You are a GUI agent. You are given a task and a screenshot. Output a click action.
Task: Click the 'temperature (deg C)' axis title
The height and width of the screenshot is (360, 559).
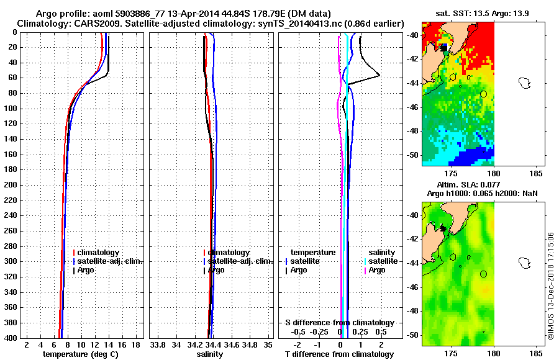pos(80,354)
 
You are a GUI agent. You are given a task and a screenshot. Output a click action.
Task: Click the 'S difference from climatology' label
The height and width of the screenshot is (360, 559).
pos(339,323)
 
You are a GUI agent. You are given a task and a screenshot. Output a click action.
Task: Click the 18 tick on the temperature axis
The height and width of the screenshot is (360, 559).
pos(135,344)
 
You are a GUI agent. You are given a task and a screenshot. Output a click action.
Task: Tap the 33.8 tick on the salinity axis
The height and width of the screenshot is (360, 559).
pos(158,344)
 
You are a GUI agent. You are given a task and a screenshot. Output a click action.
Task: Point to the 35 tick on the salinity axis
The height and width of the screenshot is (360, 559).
pos(268,344)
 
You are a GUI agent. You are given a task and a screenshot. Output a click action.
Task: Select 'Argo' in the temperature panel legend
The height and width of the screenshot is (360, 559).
pos(88,270)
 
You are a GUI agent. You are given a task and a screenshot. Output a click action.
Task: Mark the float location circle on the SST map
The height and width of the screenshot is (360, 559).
pos(483,93)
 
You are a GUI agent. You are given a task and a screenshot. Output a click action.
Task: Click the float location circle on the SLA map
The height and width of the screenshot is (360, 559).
pos(483,274)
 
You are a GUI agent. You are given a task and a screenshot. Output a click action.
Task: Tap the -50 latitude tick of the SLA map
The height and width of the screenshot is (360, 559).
pos(412,335)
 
